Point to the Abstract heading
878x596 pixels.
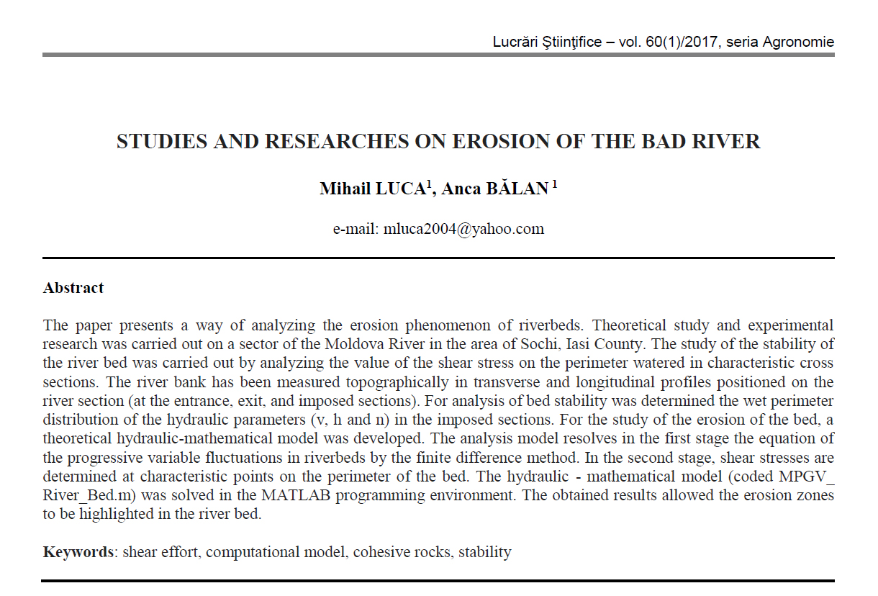pos(73,288)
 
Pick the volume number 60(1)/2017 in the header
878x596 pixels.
pos(684,42)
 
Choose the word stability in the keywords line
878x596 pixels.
pos(485,552)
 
